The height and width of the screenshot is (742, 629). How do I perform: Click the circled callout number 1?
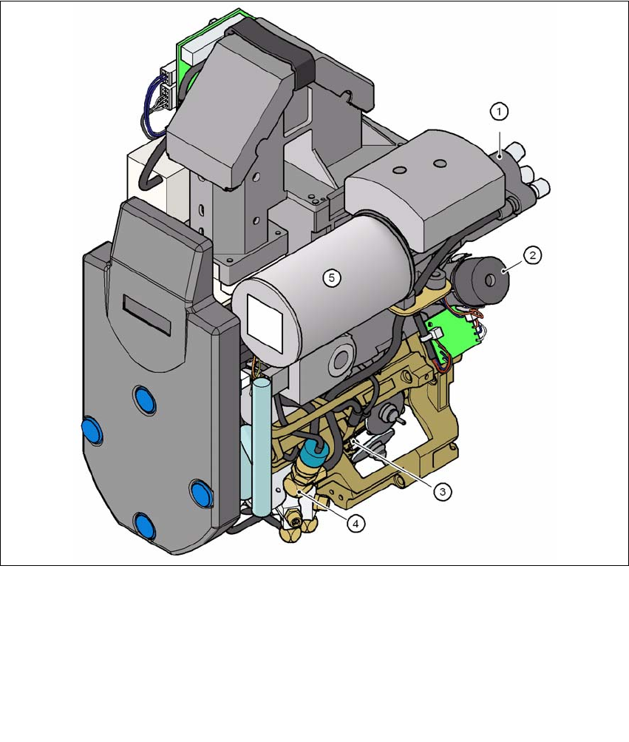pos(499,112)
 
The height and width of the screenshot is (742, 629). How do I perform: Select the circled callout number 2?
pos(532,255)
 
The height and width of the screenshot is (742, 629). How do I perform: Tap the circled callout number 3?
pos(442,492)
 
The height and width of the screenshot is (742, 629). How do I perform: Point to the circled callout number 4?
pos(356,523)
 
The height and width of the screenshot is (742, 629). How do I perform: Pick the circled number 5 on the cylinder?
pos(332,277)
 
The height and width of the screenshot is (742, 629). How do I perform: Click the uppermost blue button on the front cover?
pos(145,399)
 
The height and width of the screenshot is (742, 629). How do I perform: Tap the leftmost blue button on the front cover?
pos(92,431)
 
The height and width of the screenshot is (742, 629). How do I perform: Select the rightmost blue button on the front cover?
pos(202,493)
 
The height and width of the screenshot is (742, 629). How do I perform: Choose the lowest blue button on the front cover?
pos(144,526)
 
